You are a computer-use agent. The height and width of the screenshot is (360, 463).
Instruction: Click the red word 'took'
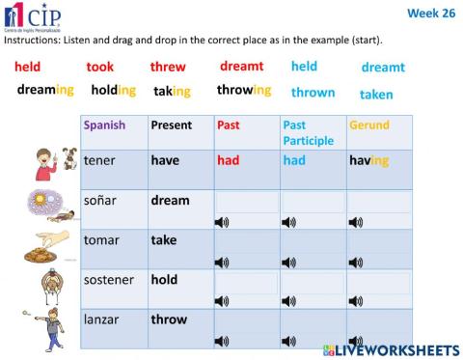click(99, 68)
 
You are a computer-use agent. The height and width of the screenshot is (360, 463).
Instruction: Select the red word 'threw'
click(168, 68)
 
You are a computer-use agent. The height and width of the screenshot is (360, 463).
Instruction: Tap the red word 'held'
click(27, 68)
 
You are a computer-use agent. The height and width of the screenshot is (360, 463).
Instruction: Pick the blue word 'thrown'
click(313, 93)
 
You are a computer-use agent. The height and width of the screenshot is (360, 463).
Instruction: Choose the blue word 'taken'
click(376, 95)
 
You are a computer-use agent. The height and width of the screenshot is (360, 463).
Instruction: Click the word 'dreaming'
click(45, 91)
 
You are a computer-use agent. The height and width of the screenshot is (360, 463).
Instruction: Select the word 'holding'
click(114, 91)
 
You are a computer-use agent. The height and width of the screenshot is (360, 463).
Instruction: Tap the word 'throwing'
click(243, 91)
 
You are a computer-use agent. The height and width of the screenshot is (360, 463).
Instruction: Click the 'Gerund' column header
click(369, 125)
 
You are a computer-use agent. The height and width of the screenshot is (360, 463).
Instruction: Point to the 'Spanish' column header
click(104, 125)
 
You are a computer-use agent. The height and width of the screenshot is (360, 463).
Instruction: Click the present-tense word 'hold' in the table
click(164, 280)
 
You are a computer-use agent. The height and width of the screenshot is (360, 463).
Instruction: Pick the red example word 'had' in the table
click(229, 161)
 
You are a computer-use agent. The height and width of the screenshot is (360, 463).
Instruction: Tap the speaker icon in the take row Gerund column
click(356, 262)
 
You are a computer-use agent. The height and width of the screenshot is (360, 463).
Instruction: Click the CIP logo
click(31, 17)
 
